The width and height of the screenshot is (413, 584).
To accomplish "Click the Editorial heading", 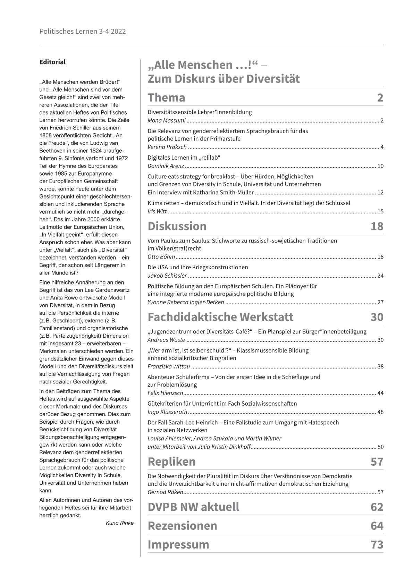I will tap(52, 62).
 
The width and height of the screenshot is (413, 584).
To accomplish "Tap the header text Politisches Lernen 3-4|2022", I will tap(82, 32).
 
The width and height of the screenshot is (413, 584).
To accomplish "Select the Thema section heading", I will tap(166, 98).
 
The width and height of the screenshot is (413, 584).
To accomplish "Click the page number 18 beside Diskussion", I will tap(377, 226).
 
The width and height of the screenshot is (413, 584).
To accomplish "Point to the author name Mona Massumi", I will tap(167, 121).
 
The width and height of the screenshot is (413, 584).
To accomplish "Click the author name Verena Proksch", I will tap(167, 147).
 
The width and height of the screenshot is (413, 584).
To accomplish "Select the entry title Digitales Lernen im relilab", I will tap(184, 158).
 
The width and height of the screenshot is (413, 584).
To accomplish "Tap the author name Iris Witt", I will tap(157, 211).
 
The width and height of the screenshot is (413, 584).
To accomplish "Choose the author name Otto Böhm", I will tap(161, 257).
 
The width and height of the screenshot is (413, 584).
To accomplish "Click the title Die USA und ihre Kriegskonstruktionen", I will tap(198, 267).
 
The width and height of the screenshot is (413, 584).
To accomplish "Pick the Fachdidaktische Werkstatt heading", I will tap(220, 317).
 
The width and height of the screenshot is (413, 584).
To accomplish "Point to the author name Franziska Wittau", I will tap(169, 366).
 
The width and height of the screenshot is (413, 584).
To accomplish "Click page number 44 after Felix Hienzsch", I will tap(380, 393).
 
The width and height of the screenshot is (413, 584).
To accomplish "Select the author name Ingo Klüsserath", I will tap(167, 412).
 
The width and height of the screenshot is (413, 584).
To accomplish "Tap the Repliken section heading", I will tap(171, 462).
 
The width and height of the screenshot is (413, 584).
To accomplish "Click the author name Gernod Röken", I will tap(165, 492).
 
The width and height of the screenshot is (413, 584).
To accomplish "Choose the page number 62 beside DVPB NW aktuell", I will tap(377, 507).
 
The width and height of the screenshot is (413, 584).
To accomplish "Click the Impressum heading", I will tap(178, 544).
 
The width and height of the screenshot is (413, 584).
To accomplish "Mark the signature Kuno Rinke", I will tap(119, 523).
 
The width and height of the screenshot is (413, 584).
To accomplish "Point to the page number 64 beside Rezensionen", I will tap(377, 526).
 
